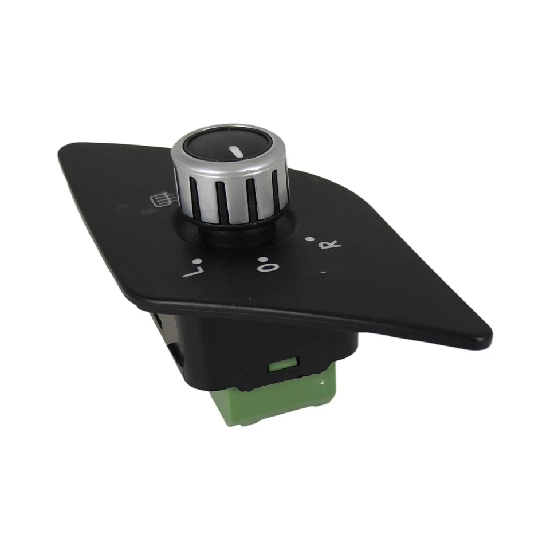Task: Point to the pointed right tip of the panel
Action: point(489,335)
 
